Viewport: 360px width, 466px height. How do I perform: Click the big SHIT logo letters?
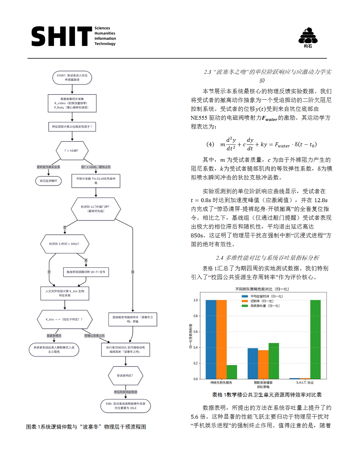62,36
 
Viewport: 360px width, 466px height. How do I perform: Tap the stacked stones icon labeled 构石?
308,36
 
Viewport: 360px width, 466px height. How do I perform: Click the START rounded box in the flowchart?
72,78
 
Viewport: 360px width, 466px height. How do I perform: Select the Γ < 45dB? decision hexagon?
72,151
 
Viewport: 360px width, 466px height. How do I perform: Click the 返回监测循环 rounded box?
49,181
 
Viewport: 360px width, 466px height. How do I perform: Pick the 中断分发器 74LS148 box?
96,181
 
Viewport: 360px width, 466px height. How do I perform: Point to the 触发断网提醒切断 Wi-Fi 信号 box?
86,272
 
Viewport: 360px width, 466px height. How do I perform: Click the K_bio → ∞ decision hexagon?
64,319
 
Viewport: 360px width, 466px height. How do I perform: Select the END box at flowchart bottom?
126,406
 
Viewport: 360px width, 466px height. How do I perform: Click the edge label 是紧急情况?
54,336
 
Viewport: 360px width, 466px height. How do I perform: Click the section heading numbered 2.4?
267,258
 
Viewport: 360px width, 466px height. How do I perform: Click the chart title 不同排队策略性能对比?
262,289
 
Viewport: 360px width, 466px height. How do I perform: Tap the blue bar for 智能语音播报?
253,364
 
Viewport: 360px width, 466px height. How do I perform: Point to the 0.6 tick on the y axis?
196,332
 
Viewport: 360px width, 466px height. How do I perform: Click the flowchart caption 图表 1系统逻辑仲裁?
86,427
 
